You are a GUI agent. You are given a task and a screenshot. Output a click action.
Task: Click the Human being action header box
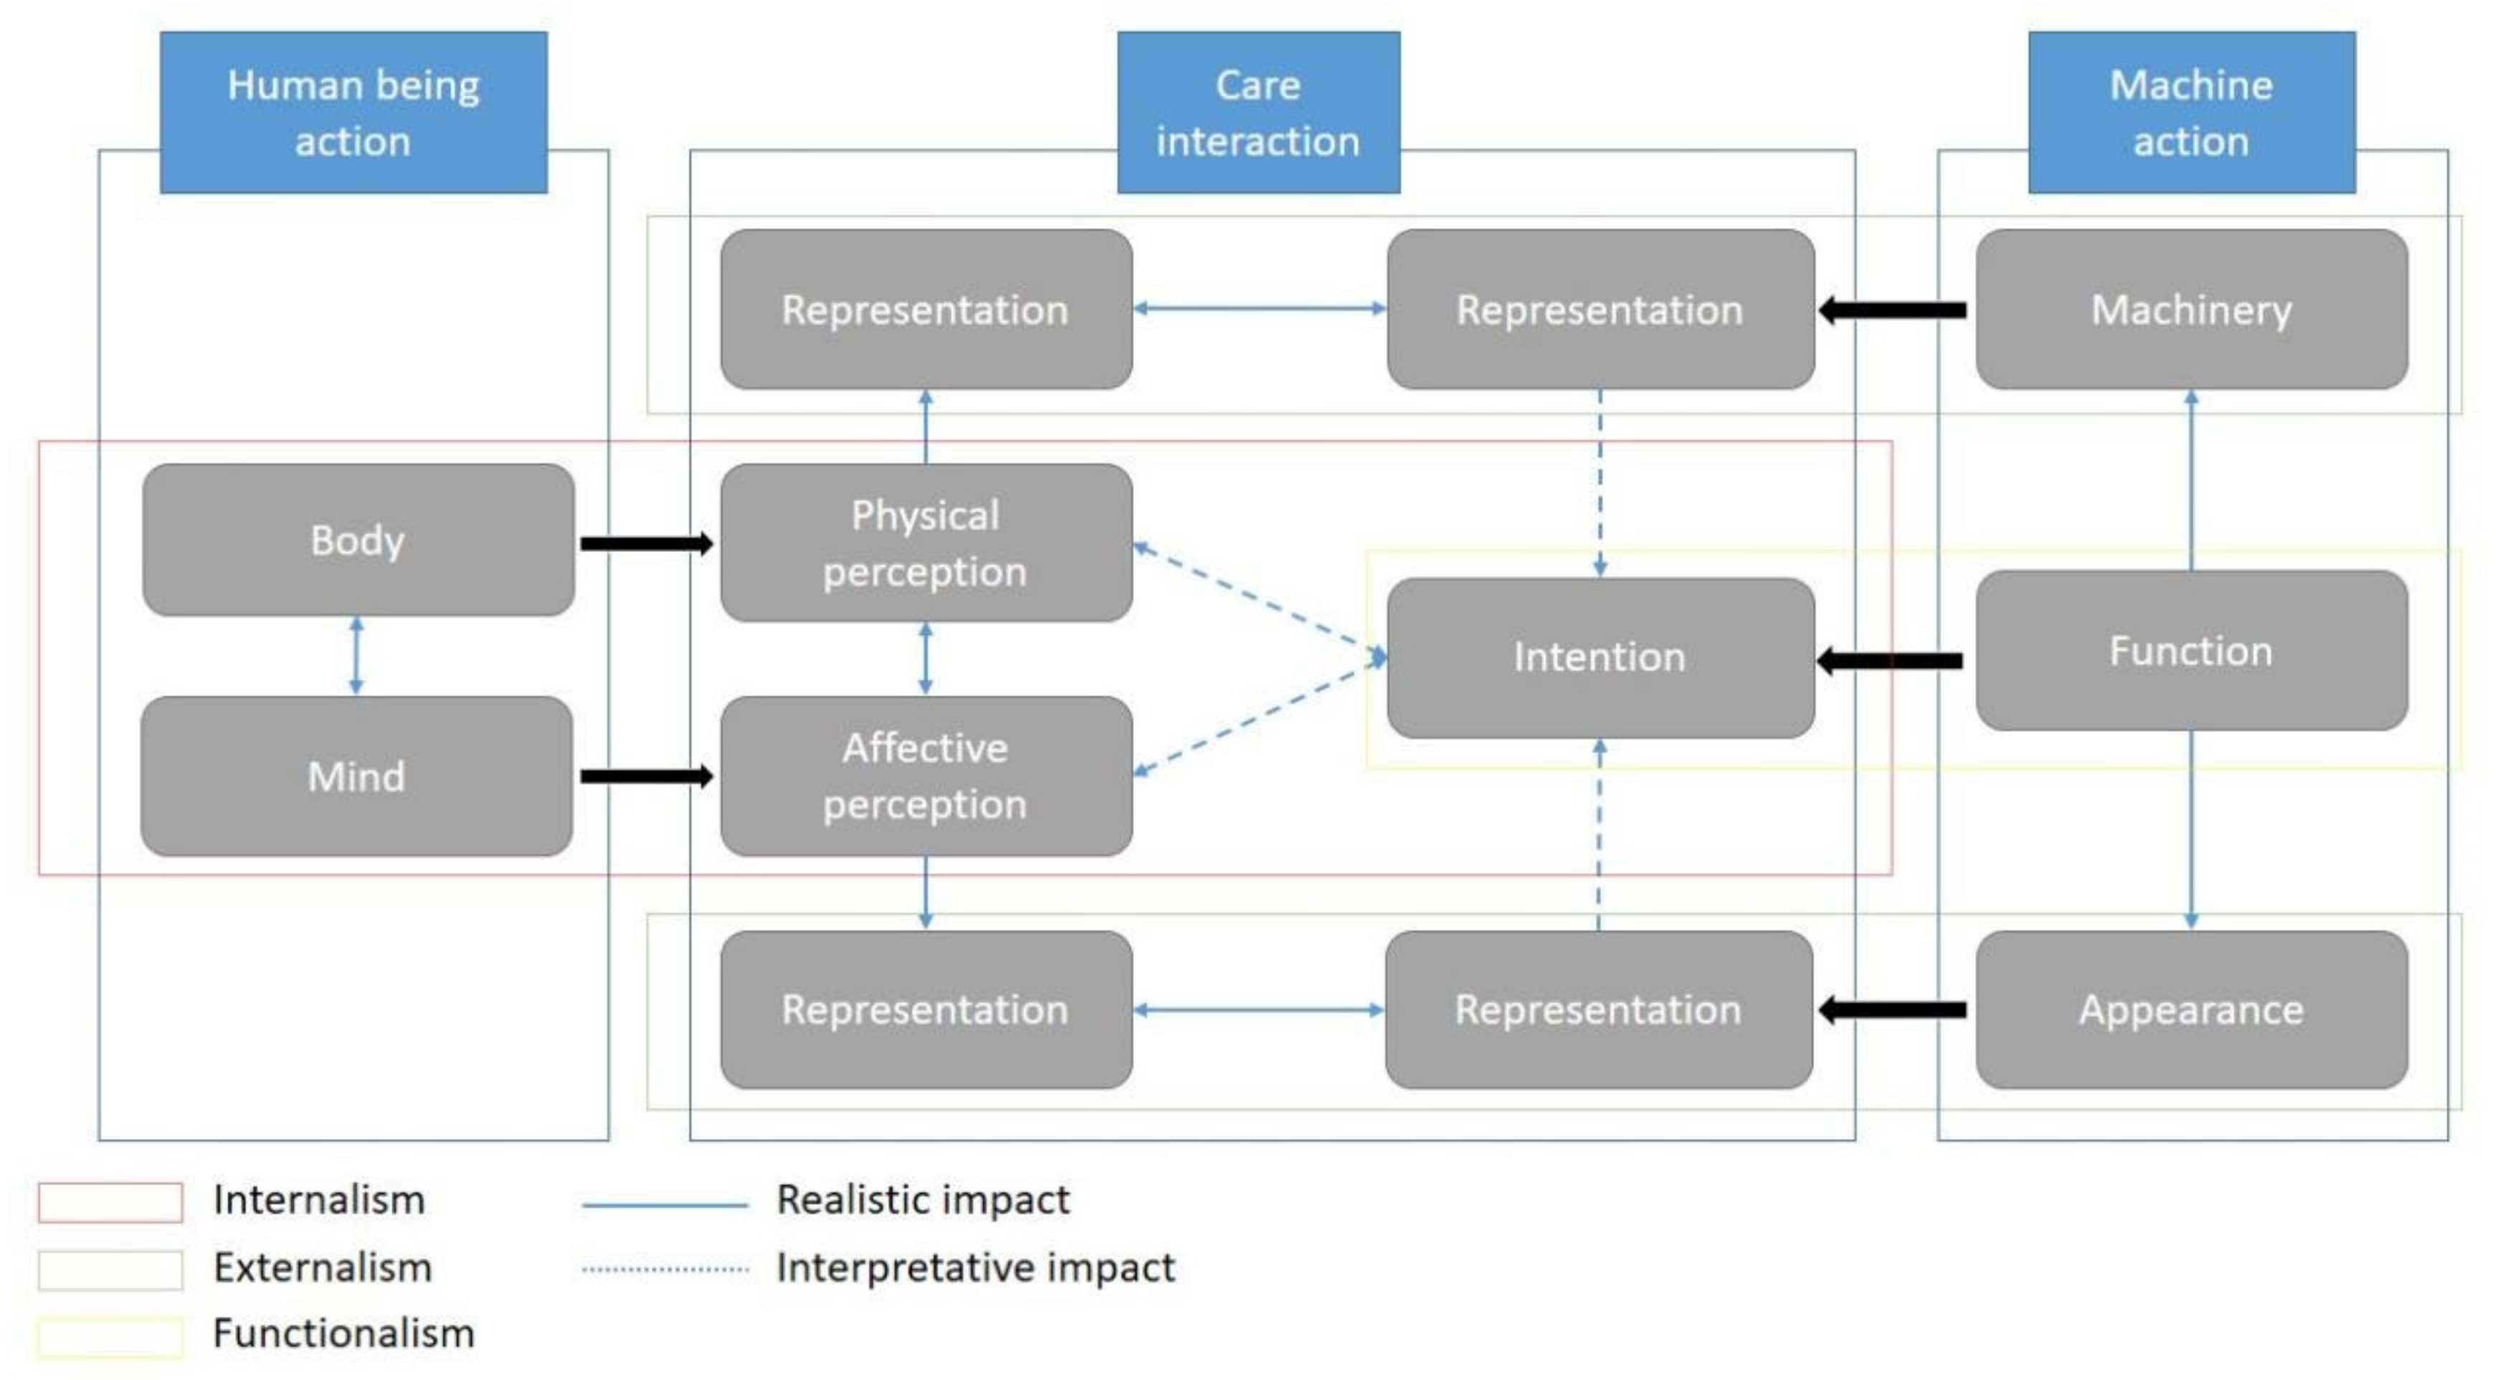(353, 113)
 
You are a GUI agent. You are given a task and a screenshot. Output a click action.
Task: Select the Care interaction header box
(1258, 113)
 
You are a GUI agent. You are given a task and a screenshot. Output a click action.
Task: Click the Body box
(357, 540)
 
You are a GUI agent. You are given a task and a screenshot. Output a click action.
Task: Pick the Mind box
(356, 776)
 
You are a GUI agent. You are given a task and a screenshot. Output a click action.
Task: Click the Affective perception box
(926, 776)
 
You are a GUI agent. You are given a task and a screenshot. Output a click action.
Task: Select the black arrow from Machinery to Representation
(1891, 310)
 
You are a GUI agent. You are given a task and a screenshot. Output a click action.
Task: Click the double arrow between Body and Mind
(356, 655)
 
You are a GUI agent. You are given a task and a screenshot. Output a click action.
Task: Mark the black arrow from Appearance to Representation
(1891, 1010)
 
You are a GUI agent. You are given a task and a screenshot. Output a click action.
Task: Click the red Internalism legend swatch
(110, 1202)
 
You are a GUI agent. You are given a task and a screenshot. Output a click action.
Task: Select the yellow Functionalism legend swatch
(110, 1336)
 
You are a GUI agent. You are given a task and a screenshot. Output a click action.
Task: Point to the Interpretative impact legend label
(976, 1268)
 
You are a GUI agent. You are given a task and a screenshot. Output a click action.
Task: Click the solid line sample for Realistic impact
(665, 1205)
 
